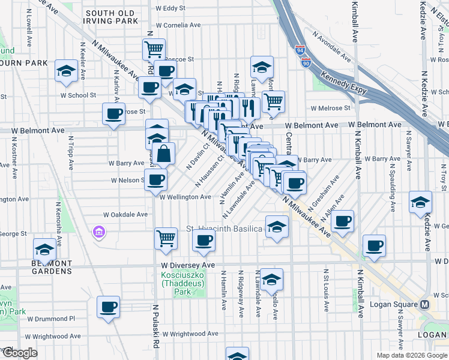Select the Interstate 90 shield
307,62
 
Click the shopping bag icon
163,154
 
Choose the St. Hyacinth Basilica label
224,229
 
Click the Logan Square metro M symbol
425,304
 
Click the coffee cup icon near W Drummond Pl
109,307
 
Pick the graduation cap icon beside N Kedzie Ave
420,203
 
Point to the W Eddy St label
170,8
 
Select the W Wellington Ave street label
185,197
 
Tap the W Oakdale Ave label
125,214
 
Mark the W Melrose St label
330,109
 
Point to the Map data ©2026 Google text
411,355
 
